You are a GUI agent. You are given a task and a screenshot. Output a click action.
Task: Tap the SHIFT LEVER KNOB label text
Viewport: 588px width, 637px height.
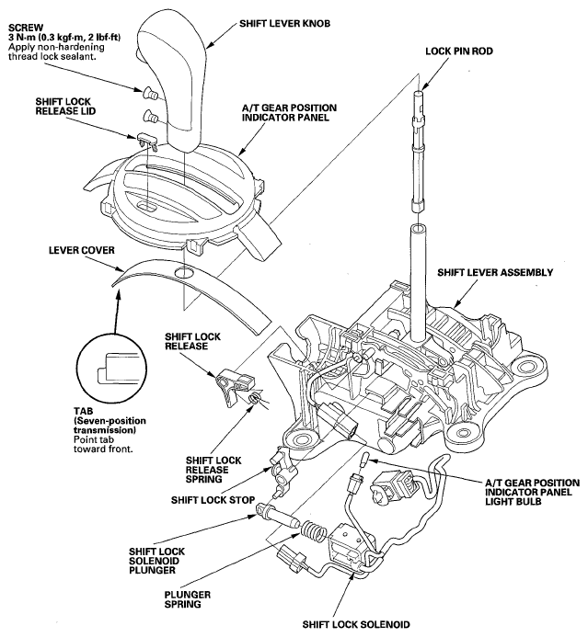tap(284, 24)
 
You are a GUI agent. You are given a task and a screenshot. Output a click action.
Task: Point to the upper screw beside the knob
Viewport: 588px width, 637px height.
tap(150, 94)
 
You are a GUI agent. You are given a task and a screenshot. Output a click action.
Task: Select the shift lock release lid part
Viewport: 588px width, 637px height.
tap(147, 140)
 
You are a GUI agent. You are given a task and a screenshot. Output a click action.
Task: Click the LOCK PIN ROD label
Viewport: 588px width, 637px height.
tap(459, 51)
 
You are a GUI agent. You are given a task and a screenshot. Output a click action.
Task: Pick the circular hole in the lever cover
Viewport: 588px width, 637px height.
tap(184, 273)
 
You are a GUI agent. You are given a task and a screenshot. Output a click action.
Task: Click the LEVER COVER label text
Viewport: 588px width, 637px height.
tap(82, 250)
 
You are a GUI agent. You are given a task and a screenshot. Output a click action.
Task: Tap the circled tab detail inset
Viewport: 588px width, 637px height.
tap(111, 367)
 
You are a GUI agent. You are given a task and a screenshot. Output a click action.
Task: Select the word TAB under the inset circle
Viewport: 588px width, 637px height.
tap(84, 411)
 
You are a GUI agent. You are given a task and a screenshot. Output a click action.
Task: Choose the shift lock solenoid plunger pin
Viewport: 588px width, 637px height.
tap(278, 515)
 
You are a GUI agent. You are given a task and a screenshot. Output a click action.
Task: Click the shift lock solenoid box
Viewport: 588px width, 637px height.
tap(346, 547)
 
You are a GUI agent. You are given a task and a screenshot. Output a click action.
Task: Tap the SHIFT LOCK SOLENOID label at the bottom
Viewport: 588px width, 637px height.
tap(356, 625)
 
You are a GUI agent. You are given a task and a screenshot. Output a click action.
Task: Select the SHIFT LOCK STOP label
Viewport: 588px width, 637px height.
tap(213, 500)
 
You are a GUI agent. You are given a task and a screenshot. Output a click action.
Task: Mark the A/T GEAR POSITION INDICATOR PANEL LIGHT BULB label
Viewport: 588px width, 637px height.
tap(532, 492)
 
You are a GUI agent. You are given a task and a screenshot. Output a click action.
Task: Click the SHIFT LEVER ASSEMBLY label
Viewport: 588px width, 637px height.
tap(495, 272)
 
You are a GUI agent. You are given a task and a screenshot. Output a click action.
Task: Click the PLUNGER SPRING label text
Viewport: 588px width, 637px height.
tap(188, 599)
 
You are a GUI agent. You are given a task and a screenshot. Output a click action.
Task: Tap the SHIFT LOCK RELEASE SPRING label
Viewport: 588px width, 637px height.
tap(213, 470)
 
